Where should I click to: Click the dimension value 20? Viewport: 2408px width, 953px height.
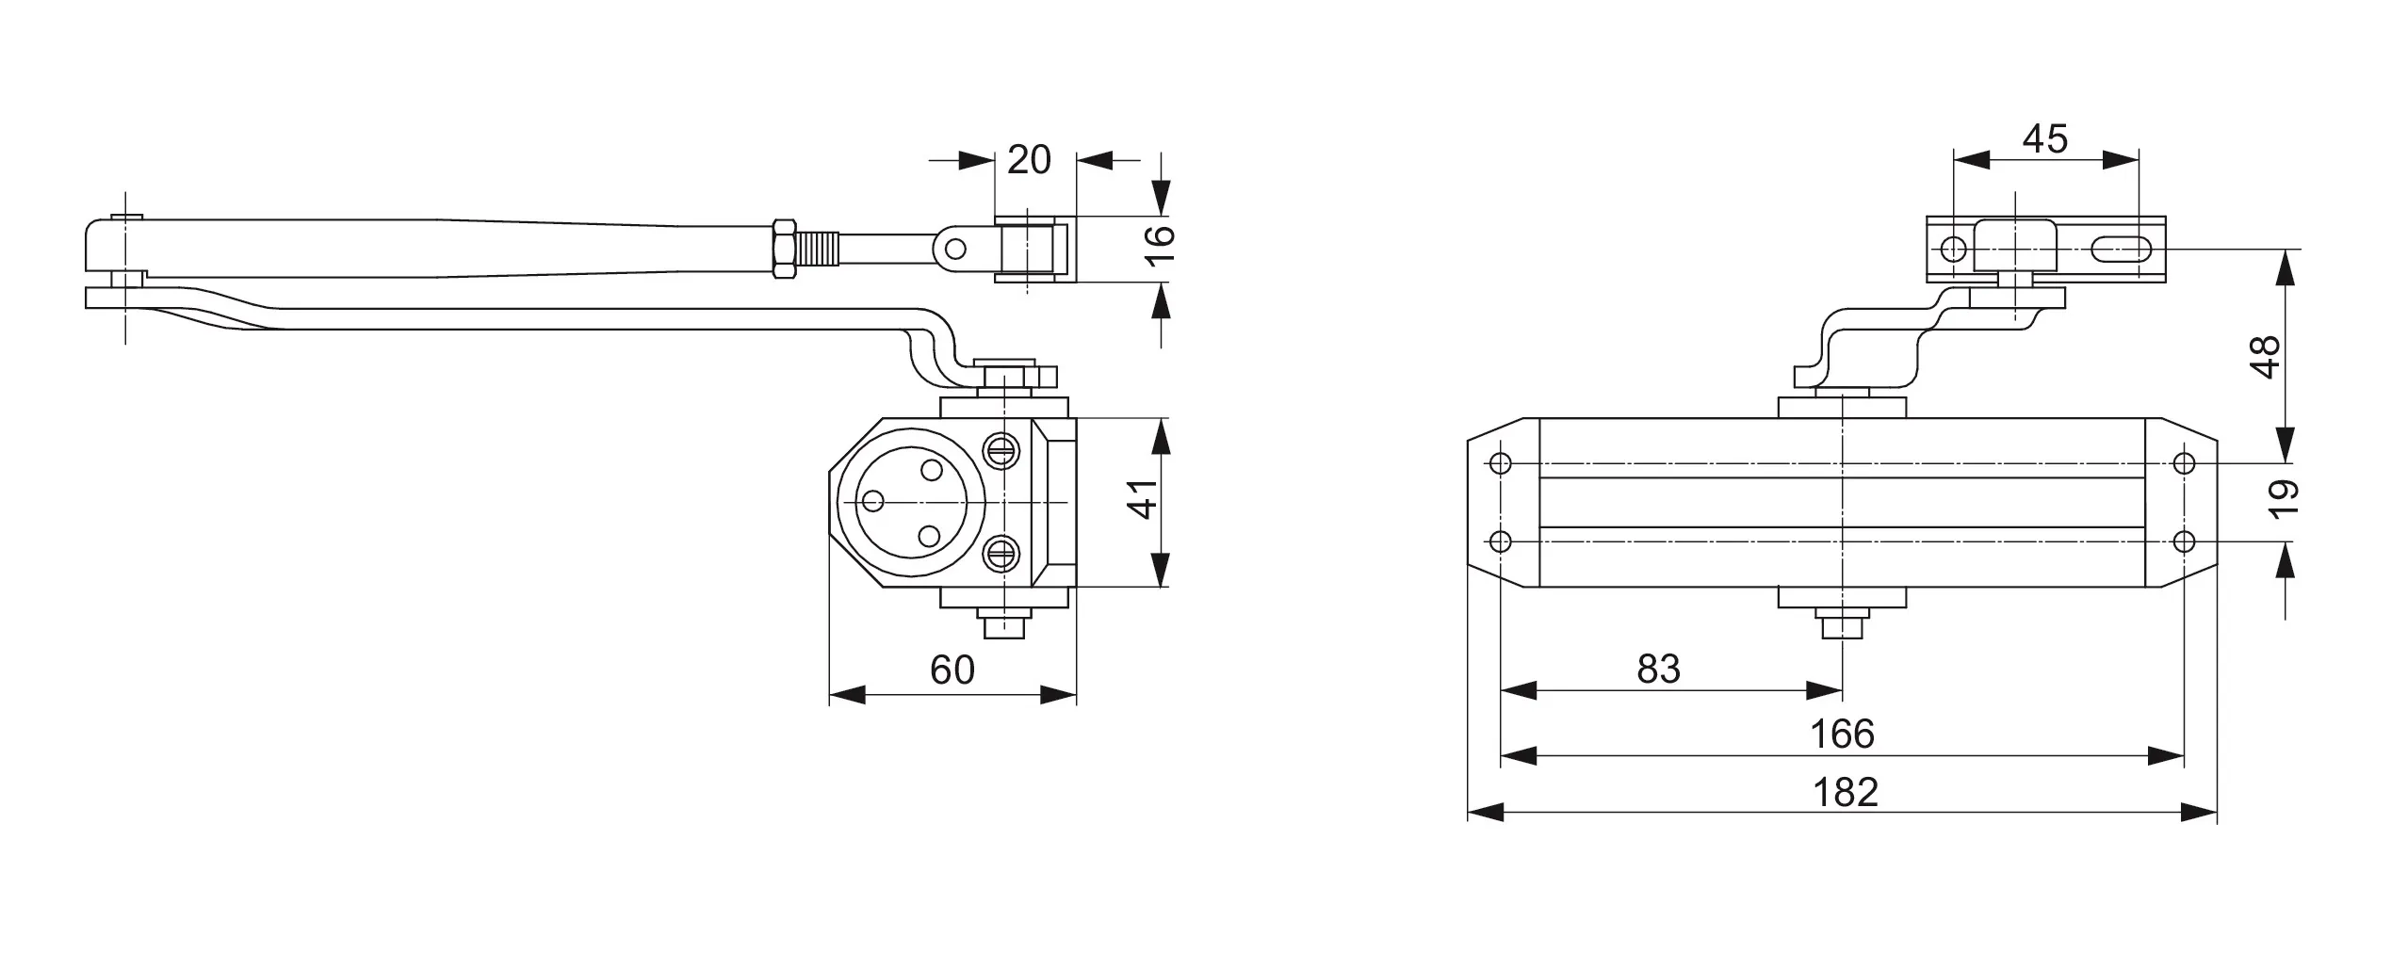coord(1028,160)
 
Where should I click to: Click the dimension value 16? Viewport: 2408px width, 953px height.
coord(1162,248)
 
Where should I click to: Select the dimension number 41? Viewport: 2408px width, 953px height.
coord(1143,499)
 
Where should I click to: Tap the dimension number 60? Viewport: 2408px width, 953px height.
coord(952,670)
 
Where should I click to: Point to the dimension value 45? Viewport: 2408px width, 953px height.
coord(2045,139)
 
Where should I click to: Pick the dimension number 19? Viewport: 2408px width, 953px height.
coord(2285,500)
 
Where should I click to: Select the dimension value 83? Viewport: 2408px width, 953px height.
coord(1658,669)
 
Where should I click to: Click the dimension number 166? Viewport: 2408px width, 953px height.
coord(1843,734)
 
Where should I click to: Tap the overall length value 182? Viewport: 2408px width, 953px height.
coord(1846,792)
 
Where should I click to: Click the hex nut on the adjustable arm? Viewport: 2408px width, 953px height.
coord(783,249)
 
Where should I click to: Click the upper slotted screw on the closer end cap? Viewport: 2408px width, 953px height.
coord(1001,448)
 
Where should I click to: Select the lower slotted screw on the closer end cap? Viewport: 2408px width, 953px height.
coord(1001,553)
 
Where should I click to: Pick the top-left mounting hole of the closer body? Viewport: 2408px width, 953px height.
coord(1502,463)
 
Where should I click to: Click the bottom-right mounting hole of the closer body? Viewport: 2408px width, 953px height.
coord(2184,541)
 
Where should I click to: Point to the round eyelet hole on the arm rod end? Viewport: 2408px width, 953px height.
coord(955,250)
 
